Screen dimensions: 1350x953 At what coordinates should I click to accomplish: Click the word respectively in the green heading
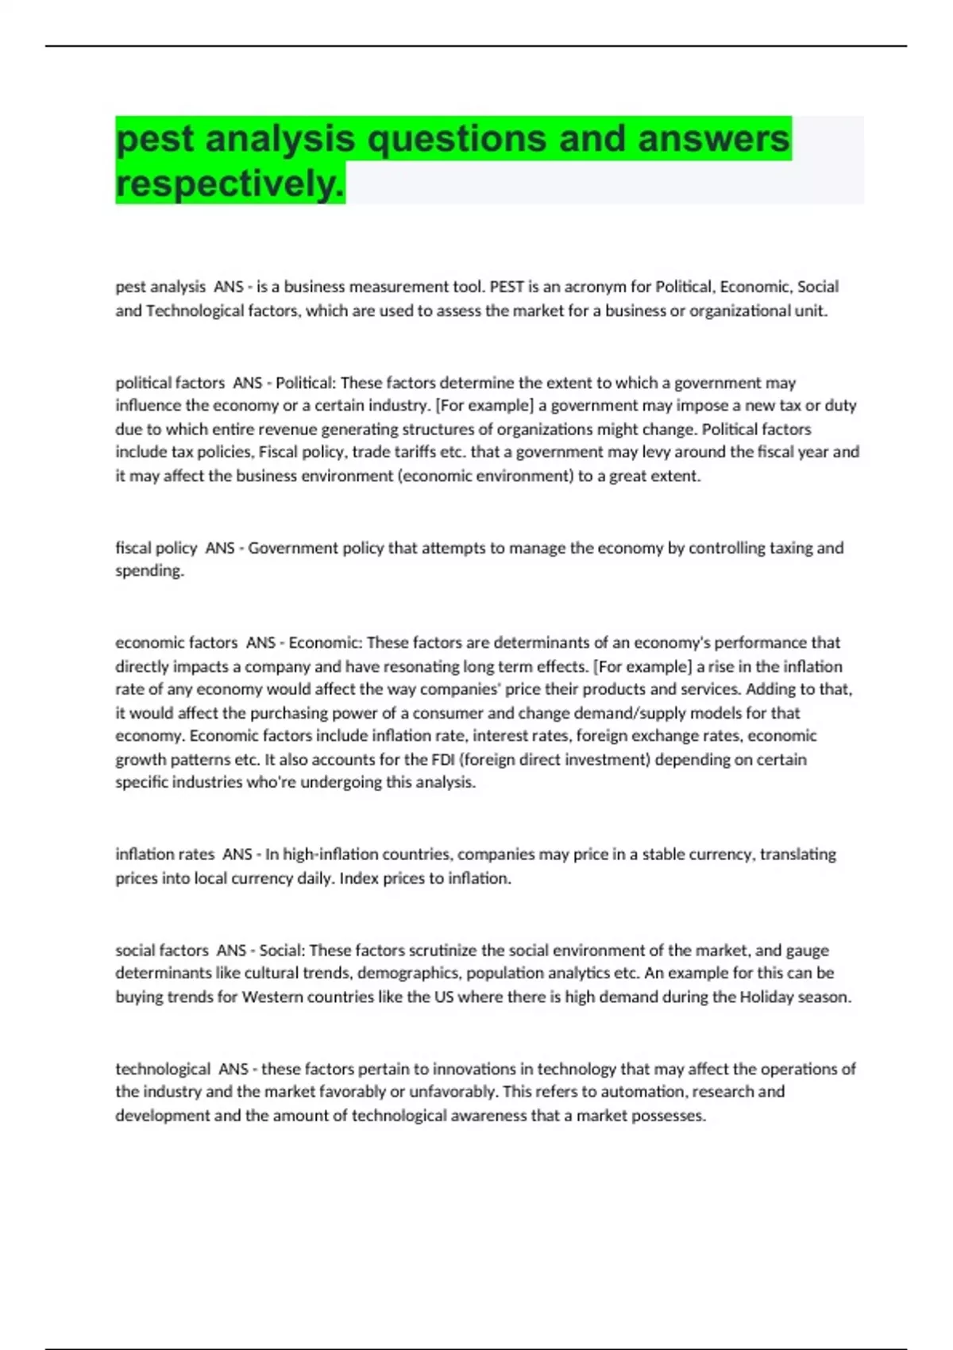(229, 183)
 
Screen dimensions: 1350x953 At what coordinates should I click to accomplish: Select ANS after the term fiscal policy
(220, 548)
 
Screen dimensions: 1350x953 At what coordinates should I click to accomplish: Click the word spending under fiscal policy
(149, 571)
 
